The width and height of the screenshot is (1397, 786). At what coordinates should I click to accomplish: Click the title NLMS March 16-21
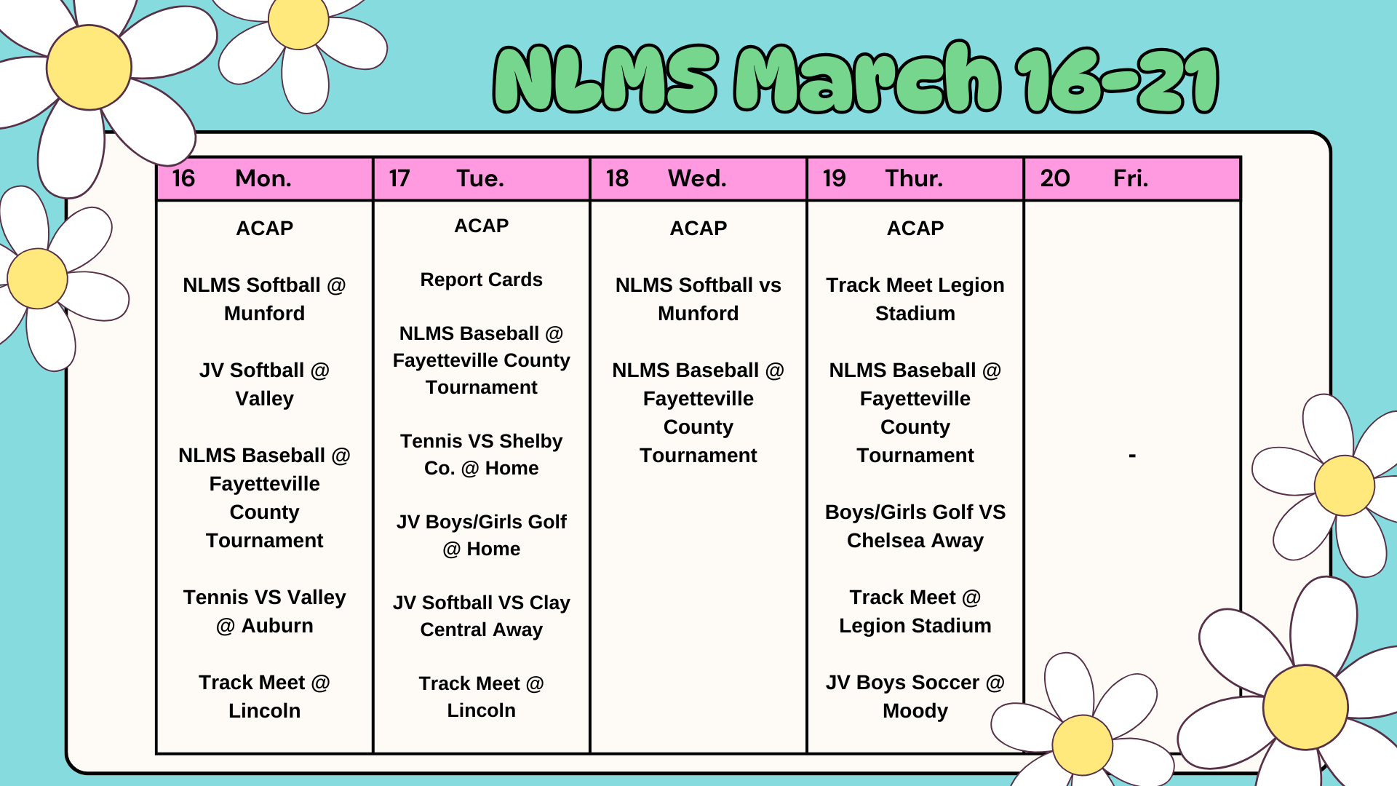[856, 79]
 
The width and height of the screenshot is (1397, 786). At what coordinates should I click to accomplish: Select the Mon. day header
[263, 178]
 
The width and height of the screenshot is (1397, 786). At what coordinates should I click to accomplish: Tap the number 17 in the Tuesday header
[399, 178]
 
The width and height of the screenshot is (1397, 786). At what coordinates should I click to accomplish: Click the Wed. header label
[697, 178]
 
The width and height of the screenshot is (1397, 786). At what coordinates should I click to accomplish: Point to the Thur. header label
[914, 178]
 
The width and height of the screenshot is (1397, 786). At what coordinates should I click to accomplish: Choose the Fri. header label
[1131, 178]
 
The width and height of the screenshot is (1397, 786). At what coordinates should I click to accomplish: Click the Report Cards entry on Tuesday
[481, 279]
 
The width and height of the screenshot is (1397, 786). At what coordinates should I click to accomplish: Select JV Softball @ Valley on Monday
[264, 384]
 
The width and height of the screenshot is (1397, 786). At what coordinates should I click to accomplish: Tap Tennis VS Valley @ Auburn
[264, 611]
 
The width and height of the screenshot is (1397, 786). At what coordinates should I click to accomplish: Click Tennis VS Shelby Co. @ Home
[481, 455]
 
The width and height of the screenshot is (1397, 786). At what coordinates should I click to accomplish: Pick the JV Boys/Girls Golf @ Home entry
[481, 536]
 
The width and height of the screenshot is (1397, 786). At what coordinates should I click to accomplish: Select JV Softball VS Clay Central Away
[481, 616]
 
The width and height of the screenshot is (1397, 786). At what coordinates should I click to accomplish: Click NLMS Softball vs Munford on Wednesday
[698, 299]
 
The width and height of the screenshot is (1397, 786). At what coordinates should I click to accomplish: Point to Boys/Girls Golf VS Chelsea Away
[915, 526]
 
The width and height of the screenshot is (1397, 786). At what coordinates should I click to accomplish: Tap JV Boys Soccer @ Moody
[915, 696]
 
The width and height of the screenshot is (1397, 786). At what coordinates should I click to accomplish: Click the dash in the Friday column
[1131, 456]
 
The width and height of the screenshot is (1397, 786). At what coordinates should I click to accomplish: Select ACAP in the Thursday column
[915, 229]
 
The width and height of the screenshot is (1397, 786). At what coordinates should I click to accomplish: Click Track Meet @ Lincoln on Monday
[264, 696]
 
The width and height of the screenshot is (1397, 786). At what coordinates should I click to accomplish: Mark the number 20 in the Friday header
[1055, 178]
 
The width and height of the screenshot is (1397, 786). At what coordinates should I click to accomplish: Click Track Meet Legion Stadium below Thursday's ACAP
[915, 299]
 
